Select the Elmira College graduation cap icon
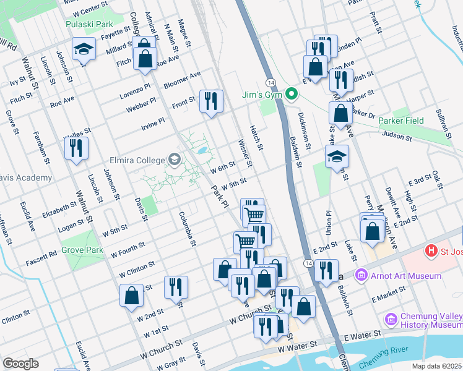pyautogui.click(x=175, y=160)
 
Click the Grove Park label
pyautogui.click(x=82, y=251)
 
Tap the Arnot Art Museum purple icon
pyautogui.click(x=361, y=275)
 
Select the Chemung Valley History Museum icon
pyautogui.click(x=391, y=320)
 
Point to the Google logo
pyautogui.click(x=20, y=364)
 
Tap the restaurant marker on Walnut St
pyautogui.click(x=77, y=148)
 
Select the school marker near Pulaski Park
pyautogui.click(x=83, y=49)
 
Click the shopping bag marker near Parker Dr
pyautogui.click(x=340, y=113)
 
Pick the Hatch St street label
pyautogui.click(x=256, y=138)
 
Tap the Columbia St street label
pyautogui.click(x=188, y=228)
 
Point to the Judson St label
pyautogui.click(x=397, y=134)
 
